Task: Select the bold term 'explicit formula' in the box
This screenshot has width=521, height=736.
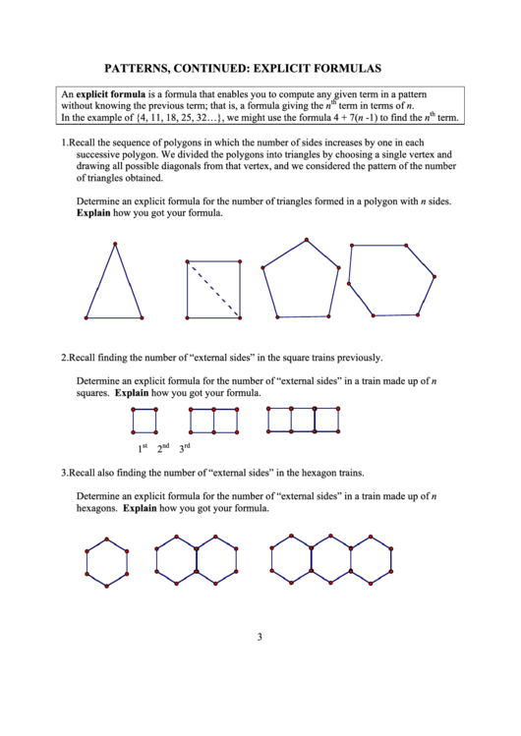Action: coord(111,93)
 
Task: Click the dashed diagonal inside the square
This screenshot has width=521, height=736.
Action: coord(213,289)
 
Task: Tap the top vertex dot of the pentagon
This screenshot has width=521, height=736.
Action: coord(307,239)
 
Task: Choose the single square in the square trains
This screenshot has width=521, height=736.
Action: coord(144,421)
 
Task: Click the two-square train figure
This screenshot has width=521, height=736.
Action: coord(213,421)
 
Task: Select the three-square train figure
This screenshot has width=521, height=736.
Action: coord(303,420)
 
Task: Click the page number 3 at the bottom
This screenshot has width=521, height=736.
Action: coord(260,637)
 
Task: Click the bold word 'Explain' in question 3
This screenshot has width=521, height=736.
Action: coord(140,509)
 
